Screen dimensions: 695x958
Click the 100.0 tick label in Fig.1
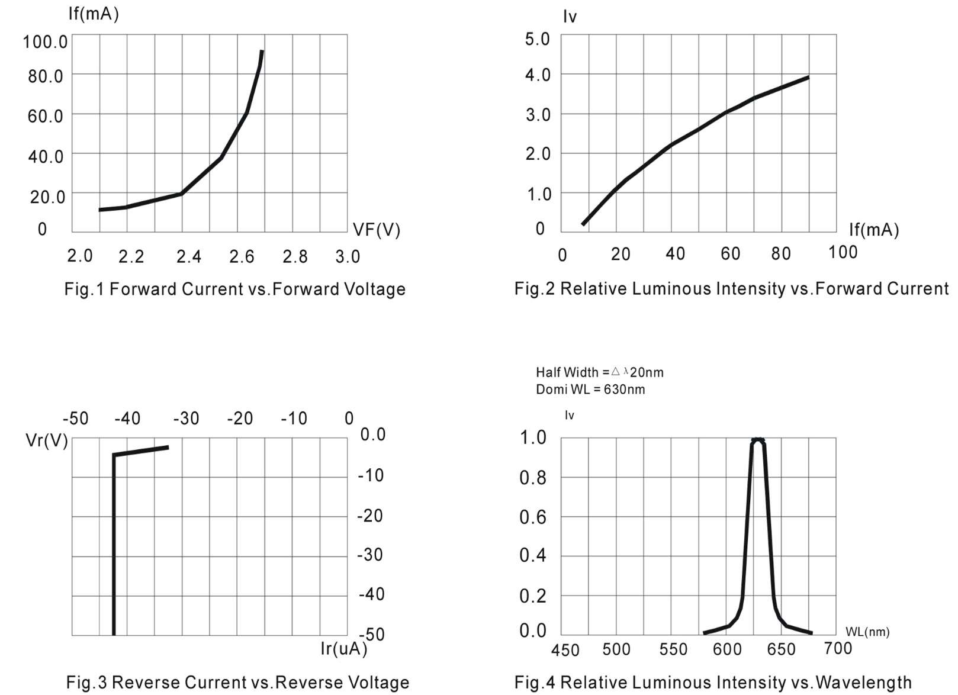[x=45, y=42]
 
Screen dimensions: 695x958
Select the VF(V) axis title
[x=376, y=230]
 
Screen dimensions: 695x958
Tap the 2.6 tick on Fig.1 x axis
[x=242, y=256]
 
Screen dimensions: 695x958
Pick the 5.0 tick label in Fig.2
[x=537, y=40]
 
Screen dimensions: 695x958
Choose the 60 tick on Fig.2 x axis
[x=730, y=254]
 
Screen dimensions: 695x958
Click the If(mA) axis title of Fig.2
[x=873, y=230]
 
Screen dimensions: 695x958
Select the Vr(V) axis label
[x=47, y=440]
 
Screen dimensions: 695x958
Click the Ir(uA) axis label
[x=343, y=649]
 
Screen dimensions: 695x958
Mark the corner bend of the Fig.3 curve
[x=114, y=455]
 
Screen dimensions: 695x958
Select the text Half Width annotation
[x=567, y=372]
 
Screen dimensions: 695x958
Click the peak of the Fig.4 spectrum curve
[x=758, y=440]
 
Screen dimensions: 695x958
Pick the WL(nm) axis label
[x=867, y=632]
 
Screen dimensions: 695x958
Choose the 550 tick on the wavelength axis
[x=673, y=649]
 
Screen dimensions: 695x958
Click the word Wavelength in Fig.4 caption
[x=863, y=682]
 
